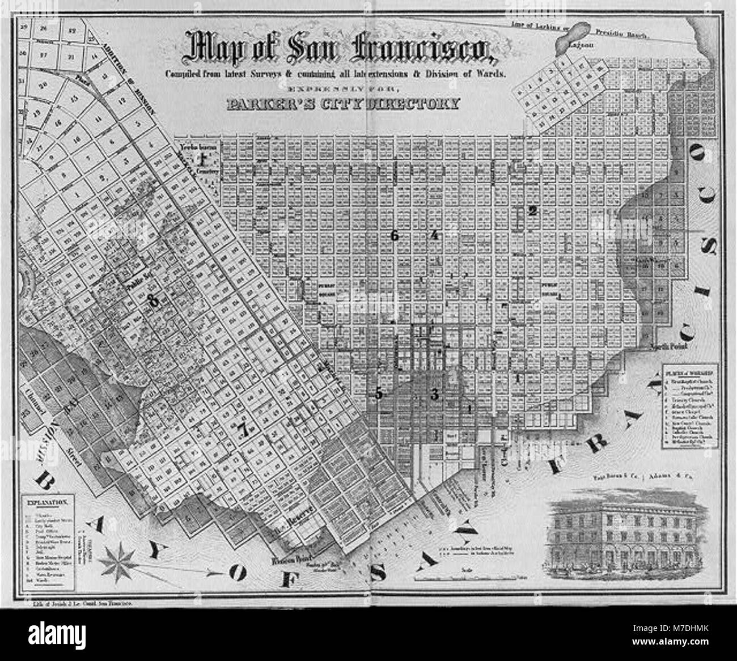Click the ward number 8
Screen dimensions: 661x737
click(x=153, y=302)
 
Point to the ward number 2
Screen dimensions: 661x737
click(x=532, y=211)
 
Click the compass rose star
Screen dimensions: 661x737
click(x=118, y=563)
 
